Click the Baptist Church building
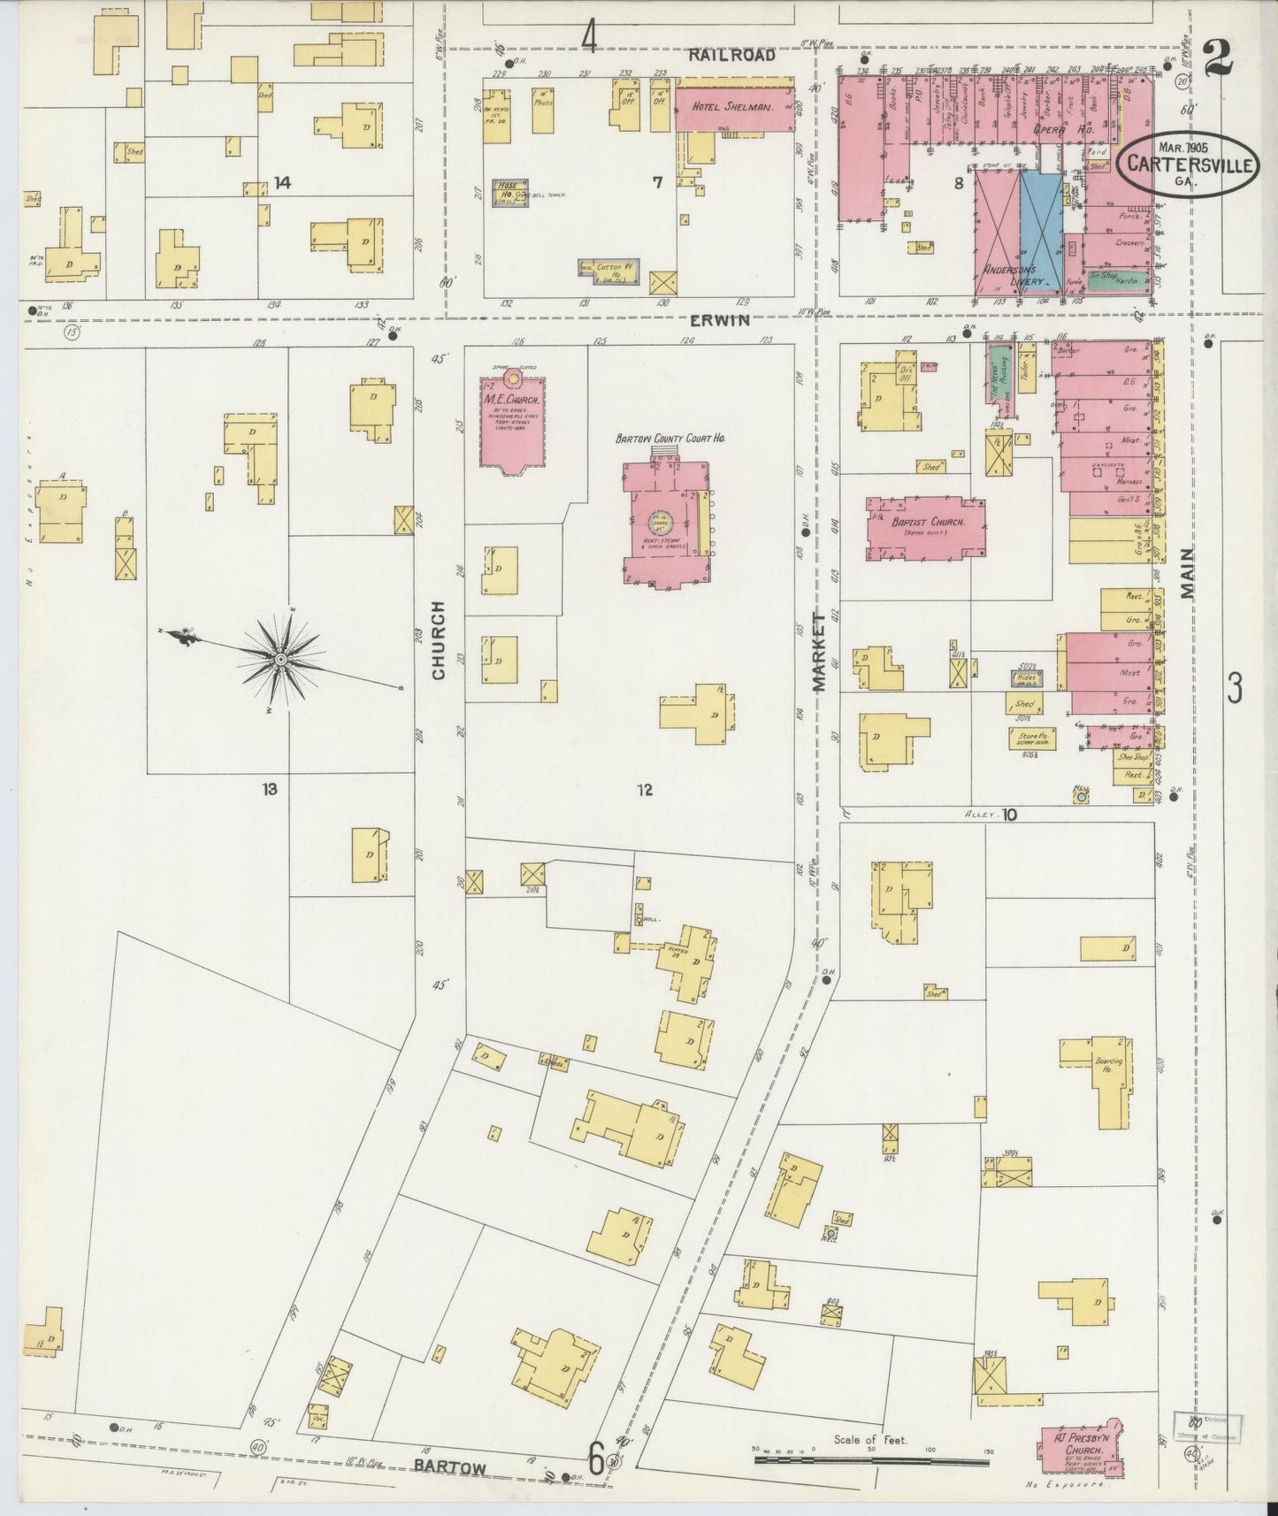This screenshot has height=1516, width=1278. pos(925,527)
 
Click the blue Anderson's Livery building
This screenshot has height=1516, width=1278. pos(1041,228)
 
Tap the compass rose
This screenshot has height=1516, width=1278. pos(281,658)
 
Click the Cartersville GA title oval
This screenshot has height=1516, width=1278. pos(1186,164)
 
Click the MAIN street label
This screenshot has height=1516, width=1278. pos(1186,574)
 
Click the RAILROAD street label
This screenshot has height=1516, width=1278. pos(731,55)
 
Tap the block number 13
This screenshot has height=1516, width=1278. pos(269,788)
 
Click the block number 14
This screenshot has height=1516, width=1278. pos(282,183)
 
